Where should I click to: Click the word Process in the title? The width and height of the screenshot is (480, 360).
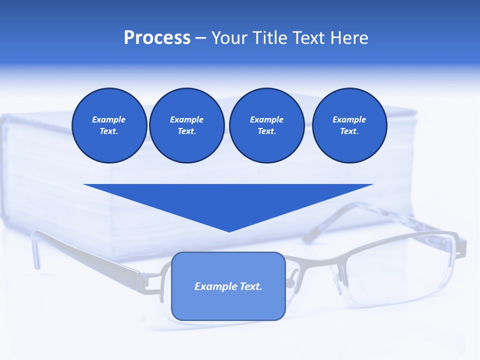157,38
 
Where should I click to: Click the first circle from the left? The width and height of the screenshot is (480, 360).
109,125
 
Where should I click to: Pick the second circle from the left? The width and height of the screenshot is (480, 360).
186,125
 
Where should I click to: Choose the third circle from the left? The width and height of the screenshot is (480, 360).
266,125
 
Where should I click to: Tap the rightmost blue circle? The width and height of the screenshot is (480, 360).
349,125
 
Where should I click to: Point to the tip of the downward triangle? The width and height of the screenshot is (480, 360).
229,230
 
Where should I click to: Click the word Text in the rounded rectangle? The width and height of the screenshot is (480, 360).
251,286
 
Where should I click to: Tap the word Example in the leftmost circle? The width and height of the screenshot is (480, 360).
109,119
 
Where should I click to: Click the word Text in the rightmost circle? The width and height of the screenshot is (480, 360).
349,131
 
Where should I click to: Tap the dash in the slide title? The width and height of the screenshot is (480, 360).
200,38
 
